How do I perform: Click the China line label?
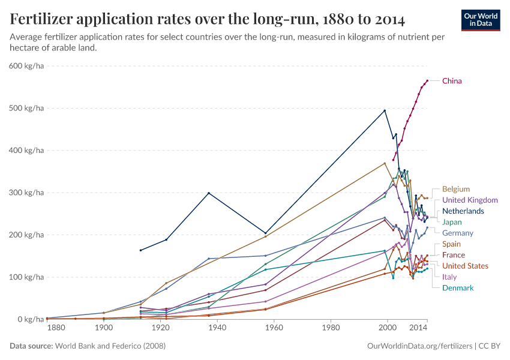452,81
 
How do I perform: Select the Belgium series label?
455,189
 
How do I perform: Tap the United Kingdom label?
470,200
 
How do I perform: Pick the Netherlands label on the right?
463,211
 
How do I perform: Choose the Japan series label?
452,222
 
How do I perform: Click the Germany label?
457,233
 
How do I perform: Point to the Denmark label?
458,288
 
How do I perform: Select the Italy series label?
449,277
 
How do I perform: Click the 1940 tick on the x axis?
217,329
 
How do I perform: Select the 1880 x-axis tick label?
56,329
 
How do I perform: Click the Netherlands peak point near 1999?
385,110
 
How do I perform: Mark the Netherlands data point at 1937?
208,193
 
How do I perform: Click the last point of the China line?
427,80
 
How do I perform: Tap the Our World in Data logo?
481,20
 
